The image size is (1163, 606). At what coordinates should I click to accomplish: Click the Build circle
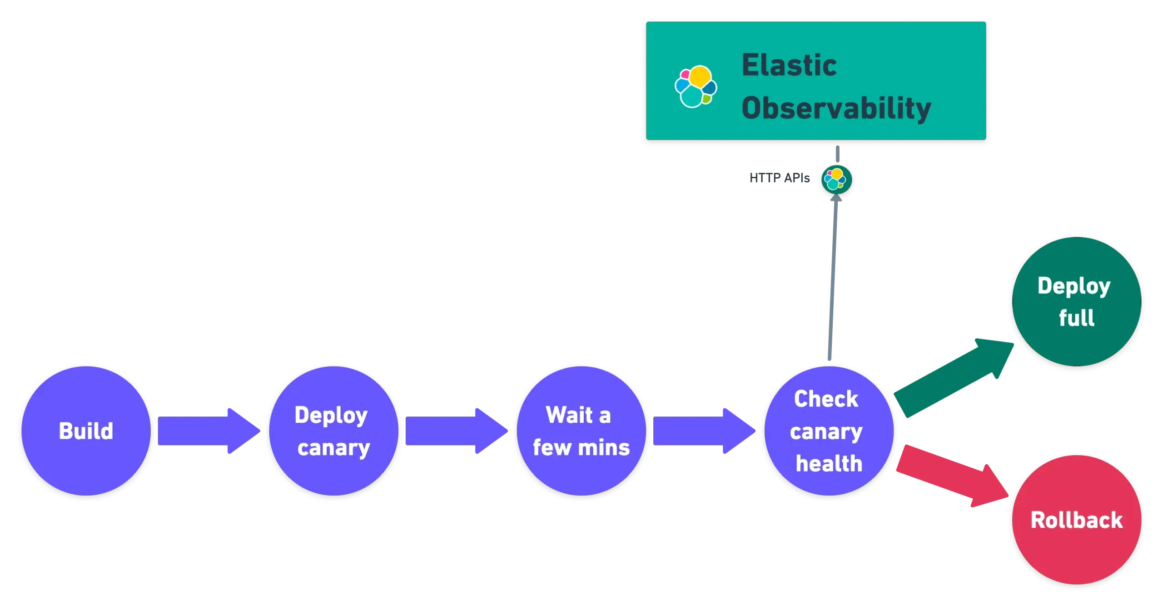86,431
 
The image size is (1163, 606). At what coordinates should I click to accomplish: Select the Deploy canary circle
333,431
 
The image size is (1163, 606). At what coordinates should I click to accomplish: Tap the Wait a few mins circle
581,431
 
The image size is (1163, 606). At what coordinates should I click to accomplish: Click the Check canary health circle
829,431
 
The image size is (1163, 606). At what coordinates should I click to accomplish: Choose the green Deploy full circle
1076,301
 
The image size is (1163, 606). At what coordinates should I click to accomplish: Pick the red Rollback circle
1076,520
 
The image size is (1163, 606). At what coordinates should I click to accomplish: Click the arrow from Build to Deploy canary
207,431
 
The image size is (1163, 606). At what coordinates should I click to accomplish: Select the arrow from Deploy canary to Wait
454,431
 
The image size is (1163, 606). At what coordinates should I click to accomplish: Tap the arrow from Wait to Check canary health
702,431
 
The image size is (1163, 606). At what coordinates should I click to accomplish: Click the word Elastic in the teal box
789,65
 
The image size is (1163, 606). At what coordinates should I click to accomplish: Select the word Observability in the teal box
836,108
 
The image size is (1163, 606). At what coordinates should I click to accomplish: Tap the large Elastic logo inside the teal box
696,86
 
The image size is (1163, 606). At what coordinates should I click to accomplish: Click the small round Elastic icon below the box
836,180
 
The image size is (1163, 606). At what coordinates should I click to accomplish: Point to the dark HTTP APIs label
779,179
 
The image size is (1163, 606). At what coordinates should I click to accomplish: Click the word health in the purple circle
829,464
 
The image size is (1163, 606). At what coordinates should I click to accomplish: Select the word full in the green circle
1076,318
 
